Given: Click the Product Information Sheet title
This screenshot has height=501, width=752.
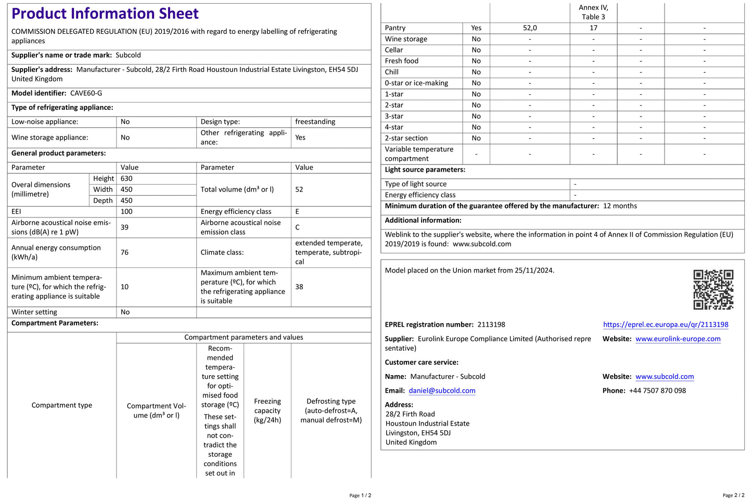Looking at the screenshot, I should [105, 14].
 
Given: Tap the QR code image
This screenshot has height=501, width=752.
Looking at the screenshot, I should [713, 289].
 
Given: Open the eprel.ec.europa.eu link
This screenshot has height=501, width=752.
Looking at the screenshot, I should [666, 325].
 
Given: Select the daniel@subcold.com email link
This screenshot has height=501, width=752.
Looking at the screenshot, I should [442, 391].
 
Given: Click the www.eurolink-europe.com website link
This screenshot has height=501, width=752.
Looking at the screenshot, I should [678, 339].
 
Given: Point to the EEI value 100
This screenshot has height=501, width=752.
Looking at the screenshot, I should [126, 212].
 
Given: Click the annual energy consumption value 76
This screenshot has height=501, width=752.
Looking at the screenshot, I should [125, 252].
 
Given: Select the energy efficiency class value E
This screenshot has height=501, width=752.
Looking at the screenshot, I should [297, 212].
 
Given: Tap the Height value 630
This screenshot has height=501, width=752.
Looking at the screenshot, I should [126, 178].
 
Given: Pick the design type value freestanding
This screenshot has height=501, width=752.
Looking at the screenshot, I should [315, 122].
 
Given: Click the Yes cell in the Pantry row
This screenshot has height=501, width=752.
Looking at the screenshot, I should [476, 28].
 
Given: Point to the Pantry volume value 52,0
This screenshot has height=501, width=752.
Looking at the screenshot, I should [530, 28].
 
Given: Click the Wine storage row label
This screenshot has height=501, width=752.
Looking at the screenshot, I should [406, 39].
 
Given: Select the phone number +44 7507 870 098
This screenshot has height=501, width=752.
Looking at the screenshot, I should [657, 391].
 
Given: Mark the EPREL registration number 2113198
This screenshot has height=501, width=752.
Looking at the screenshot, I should [491, 325].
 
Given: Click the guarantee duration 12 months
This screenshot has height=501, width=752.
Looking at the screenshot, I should [620, 206].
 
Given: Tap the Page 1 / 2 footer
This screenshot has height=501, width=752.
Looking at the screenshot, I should [360, 495].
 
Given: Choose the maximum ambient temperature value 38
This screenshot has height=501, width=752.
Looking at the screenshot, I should [299, 287].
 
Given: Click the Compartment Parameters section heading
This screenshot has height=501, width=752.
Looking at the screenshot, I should [55, 323].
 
